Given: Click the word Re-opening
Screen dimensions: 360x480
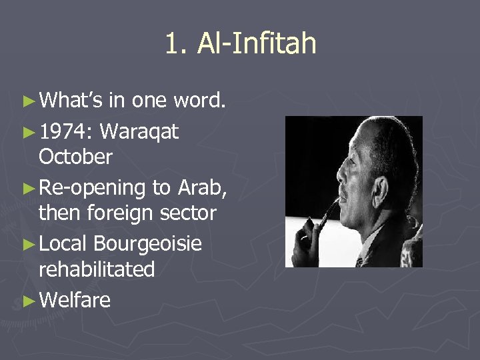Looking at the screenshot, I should tap(93, 189).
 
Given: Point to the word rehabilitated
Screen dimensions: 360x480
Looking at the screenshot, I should tap(97, 269).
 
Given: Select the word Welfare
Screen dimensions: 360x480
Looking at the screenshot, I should tap(75, 301).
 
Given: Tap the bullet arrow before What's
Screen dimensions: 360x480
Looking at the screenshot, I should tap(28, 101).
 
